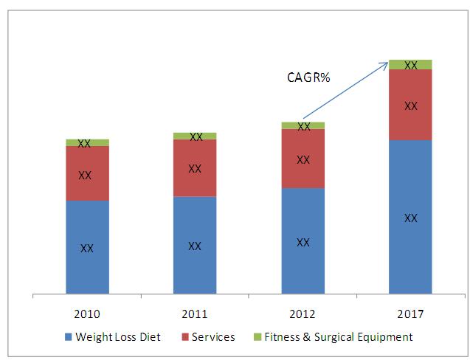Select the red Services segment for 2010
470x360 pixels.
[87, 173]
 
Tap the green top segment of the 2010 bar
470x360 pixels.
[87, 142]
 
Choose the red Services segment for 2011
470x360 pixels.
[195, 168]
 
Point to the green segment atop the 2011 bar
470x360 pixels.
[195, 136]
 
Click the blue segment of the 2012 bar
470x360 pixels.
[303, 241]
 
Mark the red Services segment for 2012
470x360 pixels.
[303, 159]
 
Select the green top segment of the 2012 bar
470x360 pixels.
[303, 125]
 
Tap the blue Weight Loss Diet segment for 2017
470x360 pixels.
[411, 218]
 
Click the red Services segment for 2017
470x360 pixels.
[411, 105]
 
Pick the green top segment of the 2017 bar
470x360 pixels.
[411, 64]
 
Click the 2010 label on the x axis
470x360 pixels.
[87, 314]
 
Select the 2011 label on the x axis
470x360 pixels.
[195, 314]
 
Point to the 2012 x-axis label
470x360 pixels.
[303, 314]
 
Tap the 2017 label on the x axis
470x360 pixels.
[411, 314]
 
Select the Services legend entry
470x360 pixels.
[208, 337]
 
